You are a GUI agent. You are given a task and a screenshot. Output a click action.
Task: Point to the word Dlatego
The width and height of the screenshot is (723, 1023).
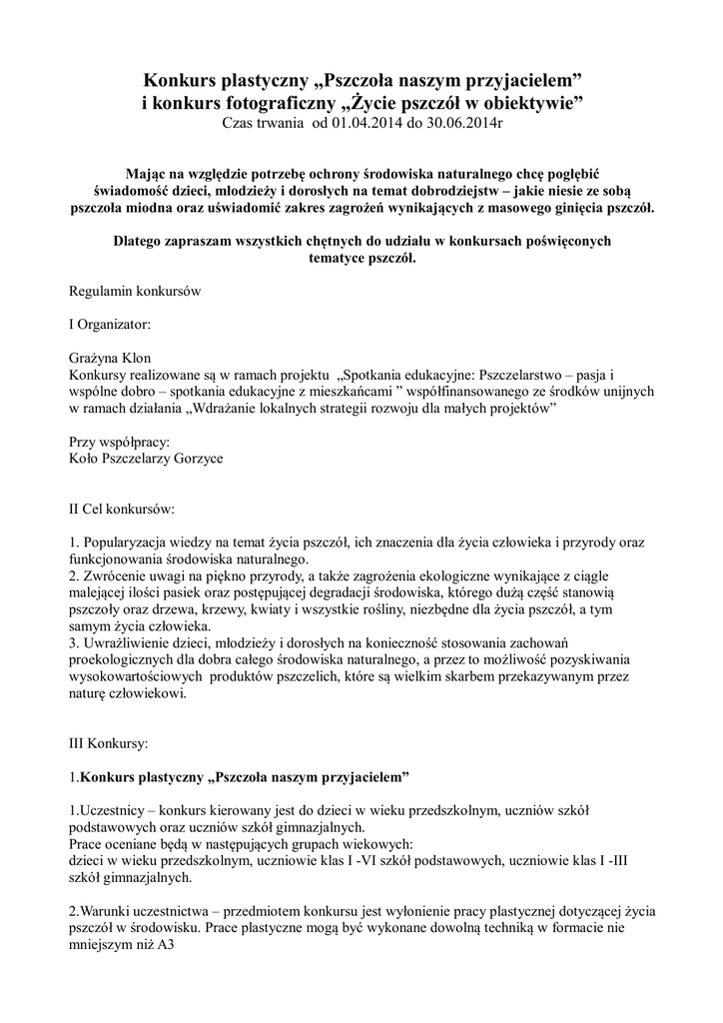click(140, 241)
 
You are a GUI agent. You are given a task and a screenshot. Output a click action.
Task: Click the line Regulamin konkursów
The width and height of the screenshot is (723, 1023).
click(135, 292)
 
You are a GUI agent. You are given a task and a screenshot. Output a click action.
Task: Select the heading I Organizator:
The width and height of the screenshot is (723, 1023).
click(111, 325)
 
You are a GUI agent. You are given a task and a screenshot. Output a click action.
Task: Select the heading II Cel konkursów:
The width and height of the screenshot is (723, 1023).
click(121, 509)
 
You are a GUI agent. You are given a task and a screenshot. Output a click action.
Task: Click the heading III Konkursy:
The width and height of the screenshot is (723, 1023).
click(108, 744)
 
